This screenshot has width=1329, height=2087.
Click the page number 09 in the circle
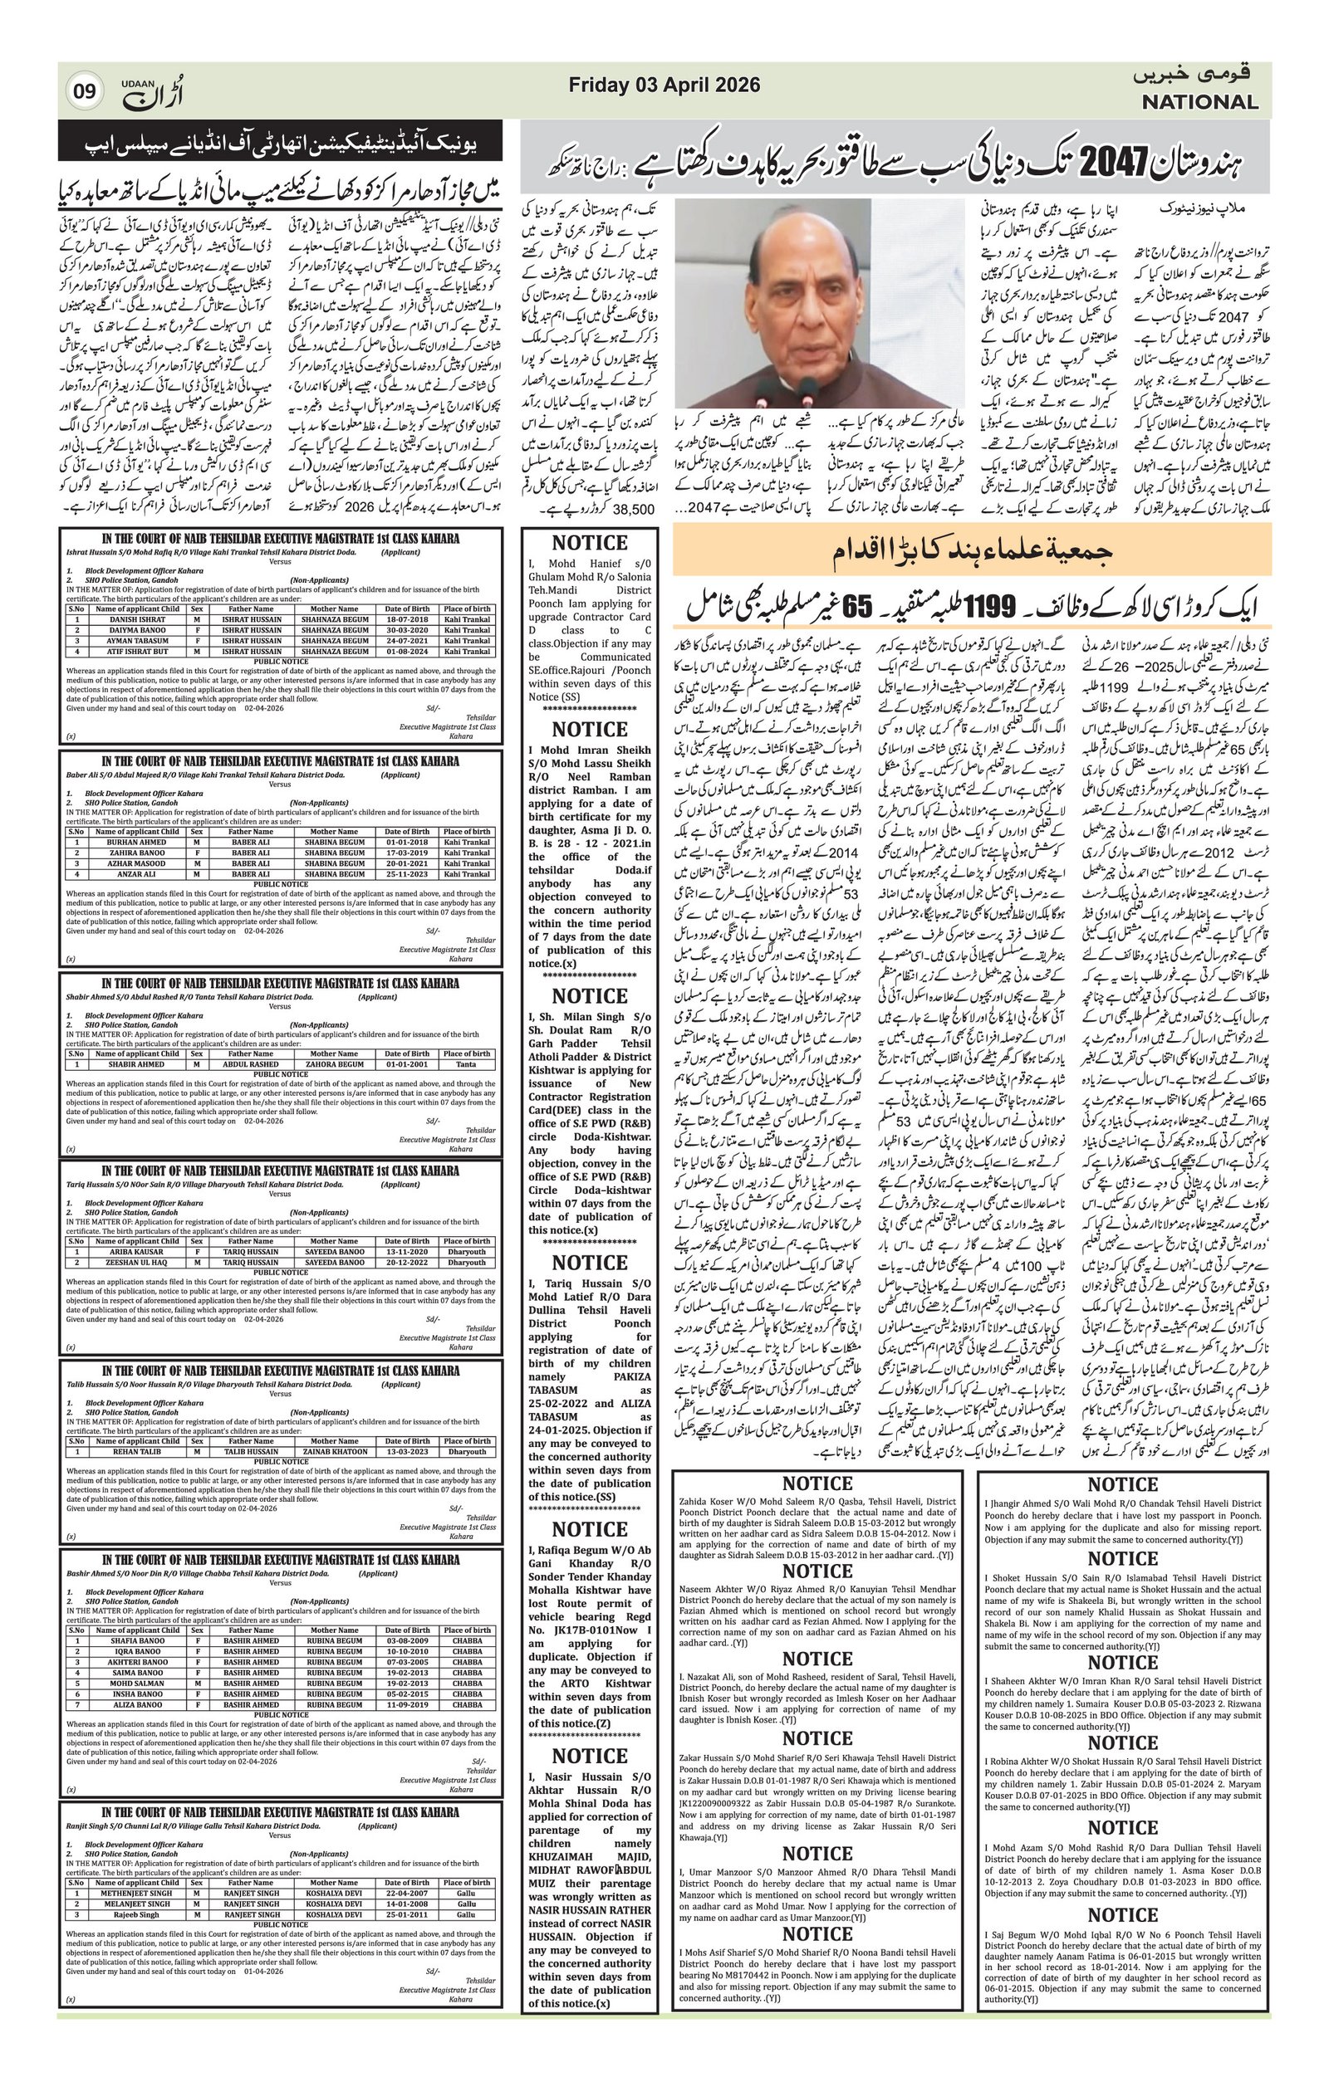coord(86,90)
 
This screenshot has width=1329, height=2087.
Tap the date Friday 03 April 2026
coord(664,85)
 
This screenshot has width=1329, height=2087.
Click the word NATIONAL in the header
coord(1199,102)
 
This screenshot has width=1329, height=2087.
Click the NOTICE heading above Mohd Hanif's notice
coord(590,544)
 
